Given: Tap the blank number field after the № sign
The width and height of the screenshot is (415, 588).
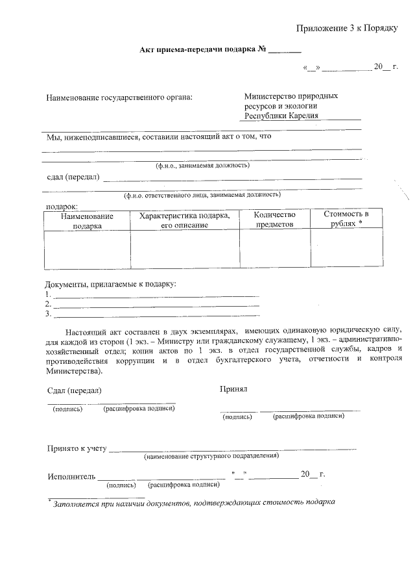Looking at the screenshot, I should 285,51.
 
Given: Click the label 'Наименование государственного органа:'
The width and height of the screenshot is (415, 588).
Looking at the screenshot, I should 119,98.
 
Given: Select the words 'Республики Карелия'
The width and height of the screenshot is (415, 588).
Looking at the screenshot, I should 281,116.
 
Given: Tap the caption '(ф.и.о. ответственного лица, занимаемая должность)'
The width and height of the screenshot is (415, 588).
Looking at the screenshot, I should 202,194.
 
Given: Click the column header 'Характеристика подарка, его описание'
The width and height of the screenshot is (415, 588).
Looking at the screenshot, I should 185,220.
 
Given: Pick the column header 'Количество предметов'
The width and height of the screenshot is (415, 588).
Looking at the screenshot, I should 274,220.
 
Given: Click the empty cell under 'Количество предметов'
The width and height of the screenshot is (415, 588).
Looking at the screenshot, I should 274,249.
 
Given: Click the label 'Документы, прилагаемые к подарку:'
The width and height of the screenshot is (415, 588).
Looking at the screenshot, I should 110,284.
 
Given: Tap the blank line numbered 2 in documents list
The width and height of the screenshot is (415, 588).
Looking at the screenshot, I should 156,304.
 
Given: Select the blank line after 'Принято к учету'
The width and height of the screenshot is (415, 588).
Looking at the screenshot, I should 233,448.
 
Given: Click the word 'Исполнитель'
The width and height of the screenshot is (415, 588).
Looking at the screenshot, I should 71,476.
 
